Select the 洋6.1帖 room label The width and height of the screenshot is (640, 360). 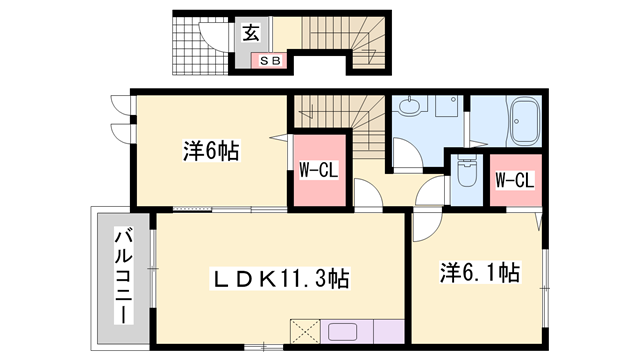pyautogui.click(x=481, y=270)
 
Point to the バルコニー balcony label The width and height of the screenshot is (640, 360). pyautogui.click(x=122, y=276)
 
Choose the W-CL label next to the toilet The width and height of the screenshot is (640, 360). pyautogui.click(x=515, y=180)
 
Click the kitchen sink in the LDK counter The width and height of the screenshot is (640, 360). pyautogui.click(x=346, y=331)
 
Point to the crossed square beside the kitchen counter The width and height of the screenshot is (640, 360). pyautogui.click(x=303, y=331)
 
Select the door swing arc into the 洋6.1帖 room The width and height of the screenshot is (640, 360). pyautogui.click(x=425, y=226)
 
